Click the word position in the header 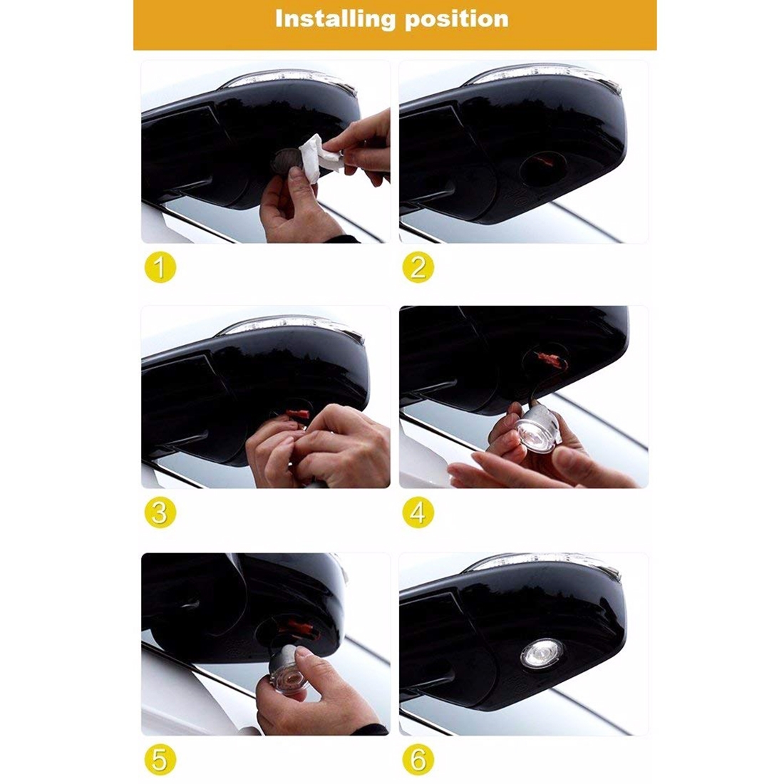pyautogui.click(x=457, y=20)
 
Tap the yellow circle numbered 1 pyautogui.click(x=160, y=267)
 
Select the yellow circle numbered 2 pyautogui.click(x=418, y=267)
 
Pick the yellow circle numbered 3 pyautogui.click(x=160, y=513)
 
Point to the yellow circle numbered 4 pyautogui.click(x=418, y=513)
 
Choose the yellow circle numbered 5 pyautogui.click(x=160, y=760)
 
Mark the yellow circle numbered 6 pyautogui.click(x=418, y=760)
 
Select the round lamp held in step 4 pyautogui.click(x=536, y=428)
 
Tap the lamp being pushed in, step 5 pyautogui.click(x=287, y=668)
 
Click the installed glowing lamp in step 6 pyautogui.click(x=542, y=654)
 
